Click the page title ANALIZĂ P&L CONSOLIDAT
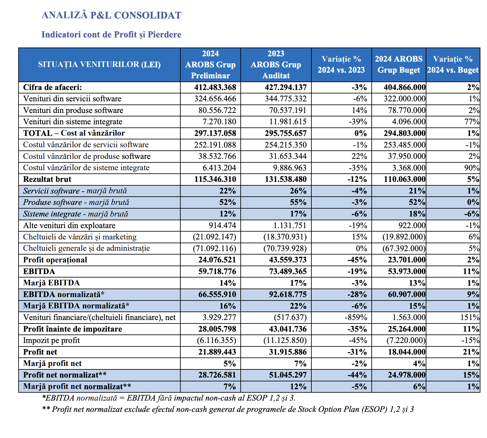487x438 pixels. tap(111, 15)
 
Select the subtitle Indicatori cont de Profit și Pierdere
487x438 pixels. tap(111, 34)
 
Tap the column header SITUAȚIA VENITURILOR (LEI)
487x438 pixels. tap(99, 64)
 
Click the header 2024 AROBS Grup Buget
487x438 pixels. tap(398, 64)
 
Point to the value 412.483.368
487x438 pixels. tap(215, 87)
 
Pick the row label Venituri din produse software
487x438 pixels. tap(73, 110)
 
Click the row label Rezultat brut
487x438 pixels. tap(47, 179)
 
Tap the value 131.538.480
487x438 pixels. tap(286, 179)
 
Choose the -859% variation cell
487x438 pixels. tap(356, 317)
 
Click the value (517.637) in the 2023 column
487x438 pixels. tap(290, 317)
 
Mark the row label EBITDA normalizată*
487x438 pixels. tap(64, 294)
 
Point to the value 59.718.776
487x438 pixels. tap(217, 271)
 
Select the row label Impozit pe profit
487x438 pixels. tap(52, 340)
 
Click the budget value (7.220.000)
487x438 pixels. tap(406, 340)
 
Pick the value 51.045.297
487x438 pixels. tap(288, 375)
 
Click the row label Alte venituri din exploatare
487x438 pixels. tap(69, 225)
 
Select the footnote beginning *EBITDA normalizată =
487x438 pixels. tap(168, 398)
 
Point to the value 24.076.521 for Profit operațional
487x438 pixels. tap(217, 260)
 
